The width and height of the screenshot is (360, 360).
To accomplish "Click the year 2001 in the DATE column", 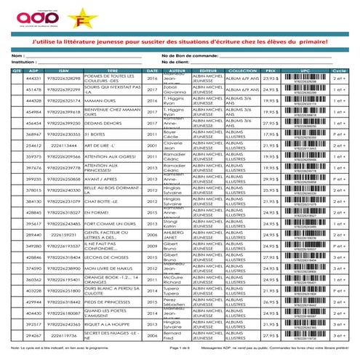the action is pyautogui.click(x=152, y=146).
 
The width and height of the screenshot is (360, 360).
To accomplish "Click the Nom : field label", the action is pyautogui.click(x=16, y=55).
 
